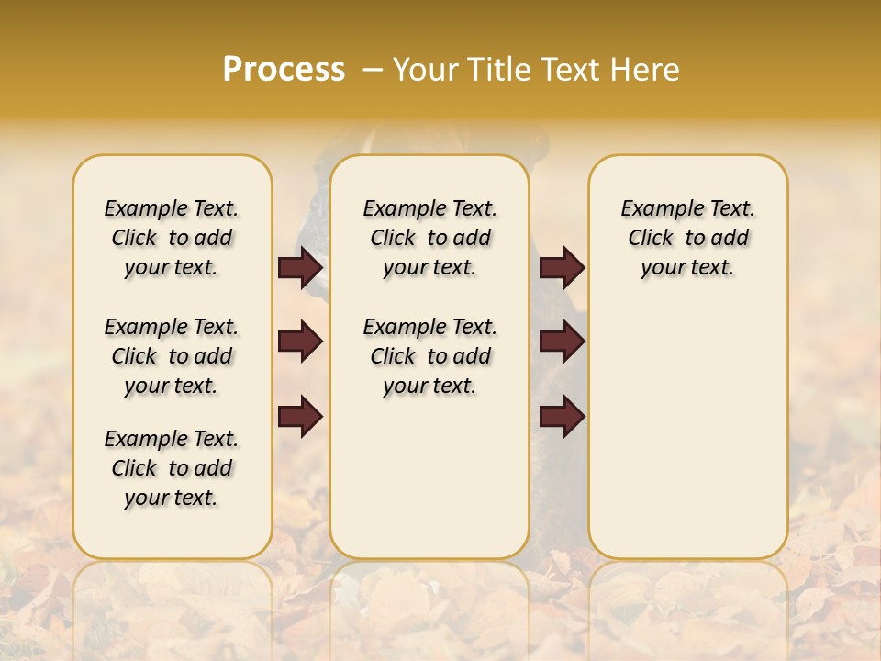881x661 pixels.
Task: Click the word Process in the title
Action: (284, 69)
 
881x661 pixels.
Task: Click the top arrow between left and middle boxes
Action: (301, 268)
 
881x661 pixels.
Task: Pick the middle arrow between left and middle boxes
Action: (301, 342)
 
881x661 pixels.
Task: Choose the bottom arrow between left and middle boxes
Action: (301, 416)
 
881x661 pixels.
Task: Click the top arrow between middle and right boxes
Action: (562, 268)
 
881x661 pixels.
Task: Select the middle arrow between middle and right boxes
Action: (562, 342)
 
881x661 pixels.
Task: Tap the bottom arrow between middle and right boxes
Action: (562, 416)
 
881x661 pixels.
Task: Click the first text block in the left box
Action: (172, 238)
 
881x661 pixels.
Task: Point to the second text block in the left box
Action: (172, 356)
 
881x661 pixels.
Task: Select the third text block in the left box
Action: (172, 468)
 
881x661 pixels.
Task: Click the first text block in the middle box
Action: (429, 238)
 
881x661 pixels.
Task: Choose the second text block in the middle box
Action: (429, 356)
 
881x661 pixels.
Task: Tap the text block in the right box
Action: (687, 238)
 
